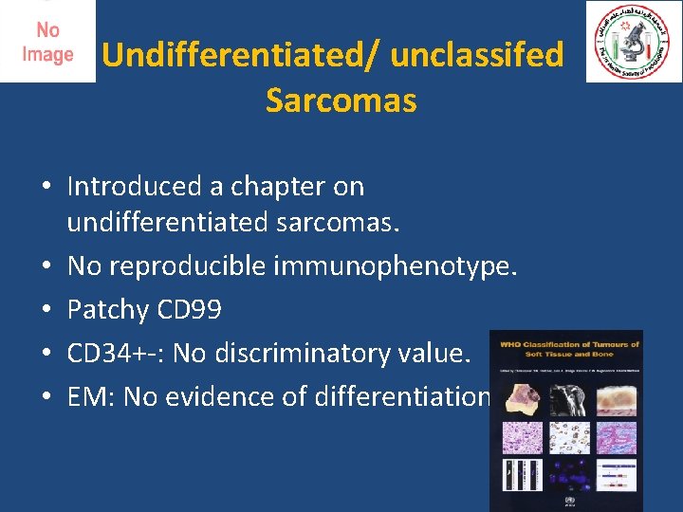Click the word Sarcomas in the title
(341, 101)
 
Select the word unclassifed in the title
(476, 55)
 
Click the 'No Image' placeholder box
(47, 42)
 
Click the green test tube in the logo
(614, 45)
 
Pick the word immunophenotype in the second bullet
(395, 267)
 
